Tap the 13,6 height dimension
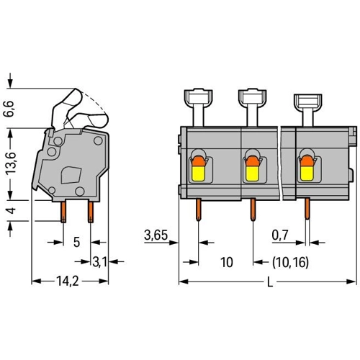click(11, 163)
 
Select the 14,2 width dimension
click(68, 281)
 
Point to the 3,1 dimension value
click(100, 261)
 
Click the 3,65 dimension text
click(156, 235)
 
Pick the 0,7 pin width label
click(280, 235)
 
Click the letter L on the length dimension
click(270, 283)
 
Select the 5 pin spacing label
click(76, 242)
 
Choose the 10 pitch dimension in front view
click(226, 262)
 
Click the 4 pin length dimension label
click(12, 211)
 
